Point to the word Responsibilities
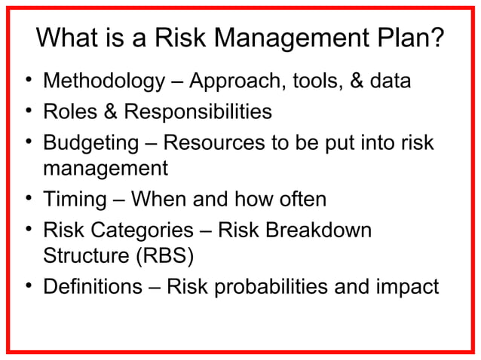[x=198, y=112]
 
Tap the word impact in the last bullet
[x=409, y=287]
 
